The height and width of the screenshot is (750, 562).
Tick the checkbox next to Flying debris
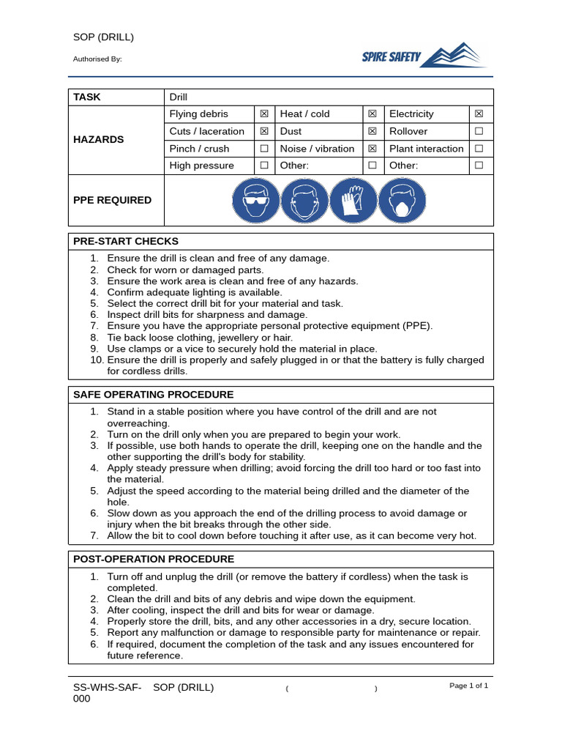[x=264, y=114]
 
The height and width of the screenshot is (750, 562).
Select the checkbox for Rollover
[x=479, y=131]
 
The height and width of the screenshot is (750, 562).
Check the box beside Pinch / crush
[x=264, y=149]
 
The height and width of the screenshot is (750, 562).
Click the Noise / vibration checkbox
[x=372, y=149]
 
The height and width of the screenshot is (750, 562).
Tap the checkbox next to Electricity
[x=479, y=114]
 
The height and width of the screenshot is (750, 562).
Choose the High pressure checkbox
[x=264, y=166]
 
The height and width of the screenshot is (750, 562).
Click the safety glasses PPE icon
[x=256, y=201]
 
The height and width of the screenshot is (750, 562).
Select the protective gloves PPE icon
[x=353, y=201]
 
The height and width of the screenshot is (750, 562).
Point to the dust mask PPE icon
[x=402, y=201]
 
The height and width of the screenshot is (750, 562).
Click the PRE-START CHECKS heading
[x=126, y=242]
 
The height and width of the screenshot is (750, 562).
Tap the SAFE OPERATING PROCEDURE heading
[x=154, y=395]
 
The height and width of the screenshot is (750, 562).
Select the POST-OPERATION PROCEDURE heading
[x=154, y=560]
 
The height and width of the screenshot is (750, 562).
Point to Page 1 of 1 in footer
[x=468, y=686]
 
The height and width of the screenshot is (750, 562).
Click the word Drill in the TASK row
[x=179, y=97]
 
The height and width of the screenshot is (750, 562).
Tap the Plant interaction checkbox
[x=479, y=149]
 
